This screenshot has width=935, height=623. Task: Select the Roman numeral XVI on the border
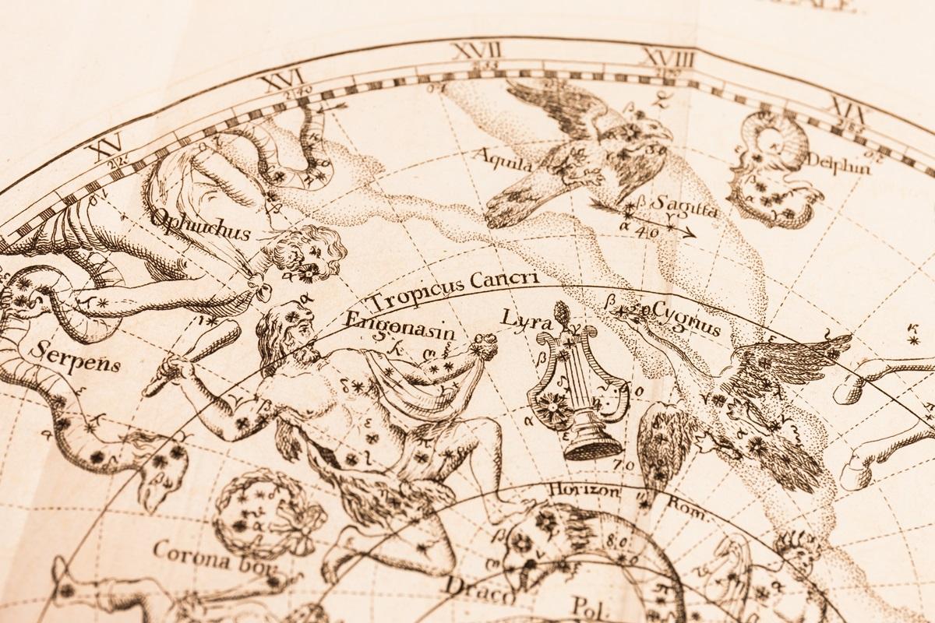coord(284,81)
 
